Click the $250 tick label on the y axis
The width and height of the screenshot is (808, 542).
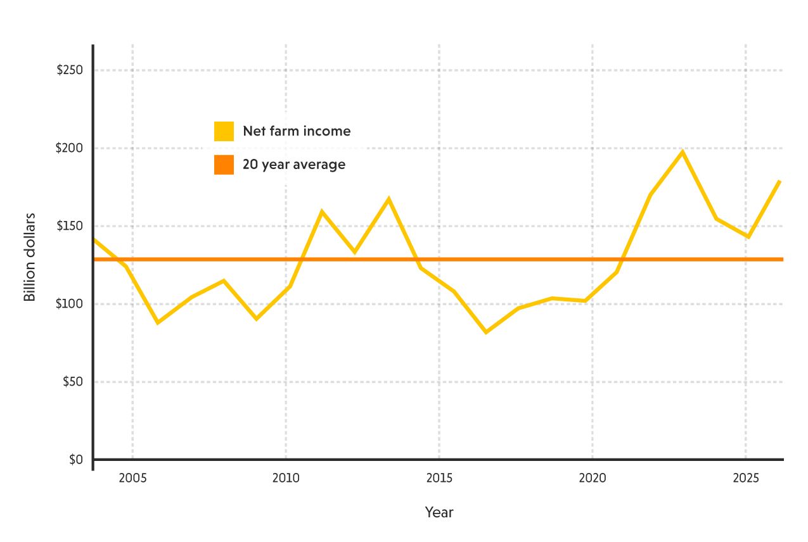(70, 70)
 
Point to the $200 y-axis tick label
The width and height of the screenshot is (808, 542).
(70, 148)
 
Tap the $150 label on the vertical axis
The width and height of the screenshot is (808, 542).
(70, 226)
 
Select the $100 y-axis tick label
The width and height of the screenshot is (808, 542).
(70, 304)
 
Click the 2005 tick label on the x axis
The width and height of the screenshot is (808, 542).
(132, 478)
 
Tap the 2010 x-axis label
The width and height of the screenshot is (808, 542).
(286, 478)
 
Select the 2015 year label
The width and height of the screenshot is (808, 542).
(439, 478)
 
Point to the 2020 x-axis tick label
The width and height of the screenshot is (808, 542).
(593, 478)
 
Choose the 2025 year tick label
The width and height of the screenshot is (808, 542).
(746, 478)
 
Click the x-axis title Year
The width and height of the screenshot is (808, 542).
(439, 512)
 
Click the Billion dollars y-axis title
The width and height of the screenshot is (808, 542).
(30, 257)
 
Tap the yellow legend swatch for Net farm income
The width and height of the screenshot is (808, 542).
(224, 131)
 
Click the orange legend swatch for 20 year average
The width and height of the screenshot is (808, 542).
(224, 165)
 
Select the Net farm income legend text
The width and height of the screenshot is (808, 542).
(297, 131)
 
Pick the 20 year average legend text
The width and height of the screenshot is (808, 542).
(294, 165)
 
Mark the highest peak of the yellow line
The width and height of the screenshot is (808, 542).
(683, 152)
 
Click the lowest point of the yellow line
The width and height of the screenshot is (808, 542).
(486, 332)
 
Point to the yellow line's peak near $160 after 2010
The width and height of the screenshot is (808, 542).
(322, 211)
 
